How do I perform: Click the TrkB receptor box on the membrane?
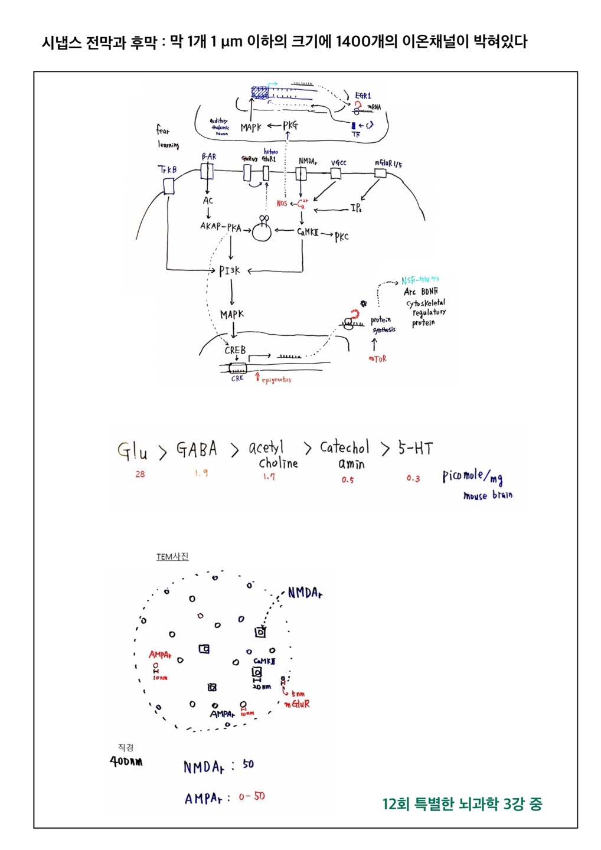click(x=169, y=186)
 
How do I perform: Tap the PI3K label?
click(x=230, y=271)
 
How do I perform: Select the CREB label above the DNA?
click(x=234, y=350)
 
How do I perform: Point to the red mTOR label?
click(x=377, y=358)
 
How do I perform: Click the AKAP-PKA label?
click(x=220, y=227)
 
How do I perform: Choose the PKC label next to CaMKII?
click(x=341, y=237)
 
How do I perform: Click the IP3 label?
click(x=356, y=208)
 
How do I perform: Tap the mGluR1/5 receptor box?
click(x=380, y=173)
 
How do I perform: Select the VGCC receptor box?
click(x=335, y=173)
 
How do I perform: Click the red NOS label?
click(x=282, y=204)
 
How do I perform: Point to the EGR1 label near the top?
click(x=363, y=96)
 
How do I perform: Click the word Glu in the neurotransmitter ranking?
click(x=132, y=452)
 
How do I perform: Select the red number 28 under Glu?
click(x=140, y=474)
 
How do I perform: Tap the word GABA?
click(x=197, y=450)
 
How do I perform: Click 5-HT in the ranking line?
click(x=415, y=449)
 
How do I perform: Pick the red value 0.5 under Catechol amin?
click(x=347, y=480)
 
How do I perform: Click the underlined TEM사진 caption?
click(x=172, y=557)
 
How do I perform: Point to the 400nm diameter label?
click(x=126, y=761)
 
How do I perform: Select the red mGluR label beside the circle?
click(x=296, y=704)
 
